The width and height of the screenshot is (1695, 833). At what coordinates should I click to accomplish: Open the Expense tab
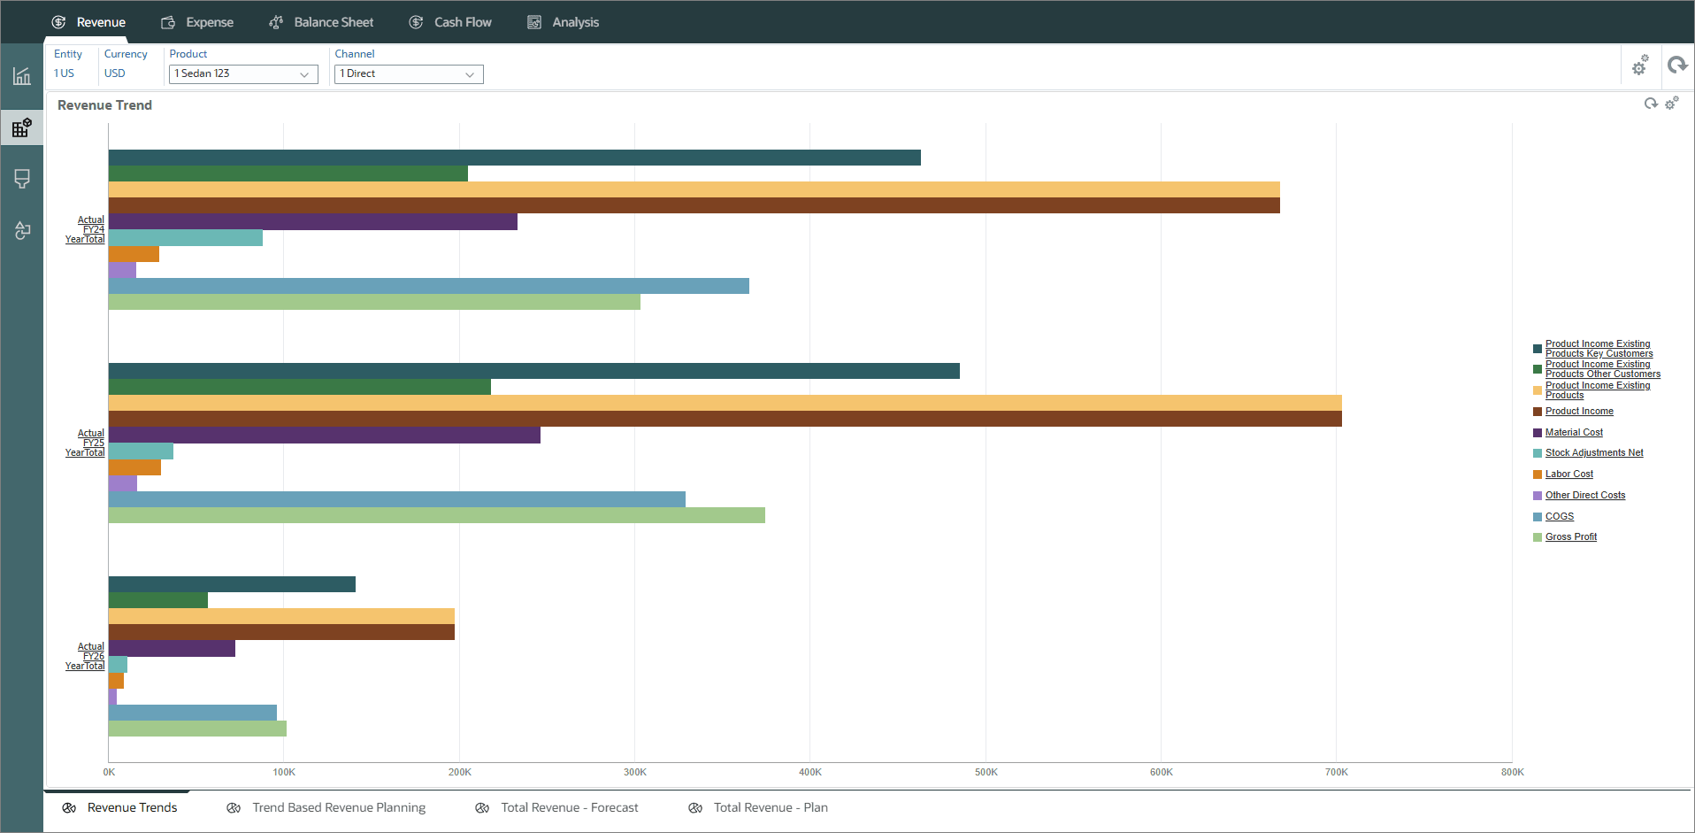pyautogui.click(x=197, y=22)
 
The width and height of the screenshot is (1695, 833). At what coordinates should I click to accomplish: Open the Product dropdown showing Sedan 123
pyautogui.click(x=242, y=74)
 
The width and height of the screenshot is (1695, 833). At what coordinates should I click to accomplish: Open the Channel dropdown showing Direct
pyautogui.click(x=409, y=74)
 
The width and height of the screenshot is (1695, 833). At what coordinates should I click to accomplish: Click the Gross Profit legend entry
pyautogui.click(x=1570, y=537)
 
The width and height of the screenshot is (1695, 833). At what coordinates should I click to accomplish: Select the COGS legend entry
pyautogui.click(x=1559, y=517)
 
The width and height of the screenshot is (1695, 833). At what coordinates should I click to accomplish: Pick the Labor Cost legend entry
pyautogui.click(x=1568, y=474)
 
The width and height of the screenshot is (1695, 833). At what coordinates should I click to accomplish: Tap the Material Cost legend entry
pyautogui.click(x=1574, y=433)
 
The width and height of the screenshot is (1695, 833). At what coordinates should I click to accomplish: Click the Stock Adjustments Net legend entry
pyautogui.click(x=1593, y=453)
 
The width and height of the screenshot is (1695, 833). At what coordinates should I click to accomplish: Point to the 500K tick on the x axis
pyautogui.click(x=986, y=772)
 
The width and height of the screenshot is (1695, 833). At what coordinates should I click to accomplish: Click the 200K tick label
pyautogui.click(x=459, y=772)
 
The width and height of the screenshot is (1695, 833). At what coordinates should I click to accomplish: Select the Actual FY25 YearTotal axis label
pyautogui.click(x=86, y=443)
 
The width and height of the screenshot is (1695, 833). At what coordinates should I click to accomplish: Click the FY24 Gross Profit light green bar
pyautogui.click(x=374, y=302)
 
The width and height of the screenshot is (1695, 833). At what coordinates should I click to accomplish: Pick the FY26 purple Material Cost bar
pyautogui.click(x=172, y=649)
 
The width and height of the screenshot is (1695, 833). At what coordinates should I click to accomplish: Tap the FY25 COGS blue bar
pyautogui.click(x=396, y=499)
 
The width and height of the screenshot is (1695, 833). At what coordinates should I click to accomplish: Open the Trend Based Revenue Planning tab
pyautogui.click(x=338, y=807)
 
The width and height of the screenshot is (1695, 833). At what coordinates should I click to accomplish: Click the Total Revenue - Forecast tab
pyautogui.click(x=569, y=807)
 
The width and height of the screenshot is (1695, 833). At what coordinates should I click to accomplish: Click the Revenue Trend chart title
pyautogui.click(x=104, y=105)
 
